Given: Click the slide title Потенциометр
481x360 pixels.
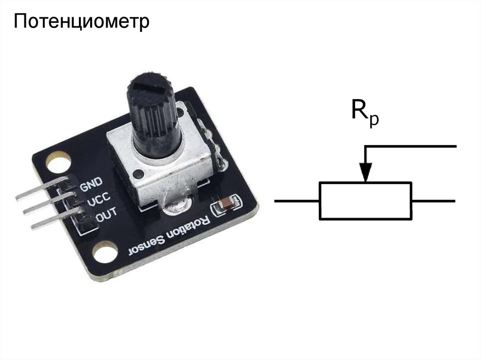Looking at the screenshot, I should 81,21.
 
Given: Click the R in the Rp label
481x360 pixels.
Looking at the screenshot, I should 360,110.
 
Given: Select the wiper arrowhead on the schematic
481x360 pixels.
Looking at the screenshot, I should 365,171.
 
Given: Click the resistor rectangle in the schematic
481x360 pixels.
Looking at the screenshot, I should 365,201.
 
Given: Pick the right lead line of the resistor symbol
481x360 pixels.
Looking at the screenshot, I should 433,201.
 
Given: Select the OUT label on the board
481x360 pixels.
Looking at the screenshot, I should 106,217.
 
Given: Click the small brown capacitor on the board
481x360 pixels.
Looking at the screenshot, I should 226,205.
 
